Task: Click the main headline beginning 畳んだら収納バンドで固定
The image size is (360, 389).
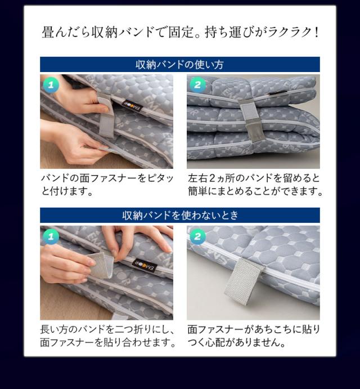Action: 179,32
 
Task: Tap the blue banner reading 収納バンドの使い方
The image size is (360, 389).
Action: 179,65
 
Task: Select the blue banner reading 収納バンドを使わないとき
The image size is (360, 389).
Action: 179,215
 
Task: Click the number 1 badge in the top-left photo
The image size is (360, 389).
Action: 51,86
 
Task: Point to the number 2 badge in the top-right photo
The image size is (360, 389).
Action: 197,86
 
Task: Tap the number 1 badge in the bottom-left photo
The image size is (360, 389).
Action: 51,236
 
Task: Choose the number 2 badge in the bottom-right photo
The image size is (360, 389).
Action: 197,236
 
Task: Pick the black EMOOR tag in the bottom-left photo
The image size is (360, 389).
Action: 141,262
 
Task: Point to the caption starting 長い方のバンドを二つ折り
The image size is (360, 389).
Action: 107,336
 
